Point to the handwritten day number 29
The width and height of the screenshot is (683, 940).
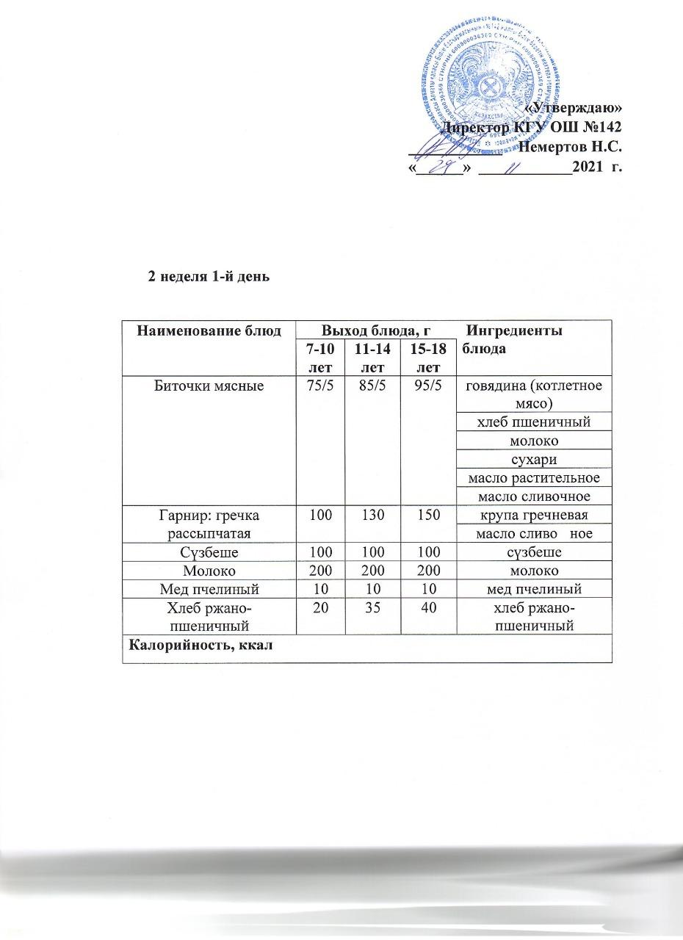[x=440, y=169]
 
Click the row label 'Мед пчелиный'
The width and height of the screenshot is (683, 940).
[x=209, y=588]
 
